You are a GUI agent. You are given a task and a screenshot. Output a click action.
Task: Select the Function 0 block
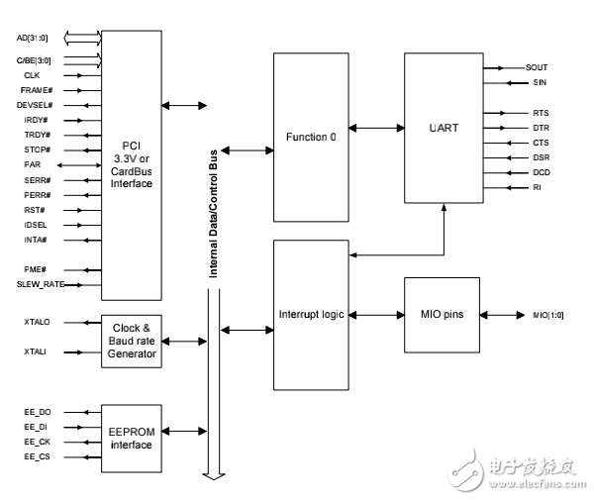pos(312,137)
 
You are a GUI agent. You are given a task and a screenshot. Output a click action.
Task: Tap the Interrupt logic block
pos(312,315)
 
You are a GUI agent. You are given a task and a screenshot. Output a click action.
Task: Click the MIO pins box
pos(442,315)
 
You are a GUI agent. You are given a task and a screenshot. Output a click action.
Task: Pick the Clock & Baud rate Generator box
pos(132,341)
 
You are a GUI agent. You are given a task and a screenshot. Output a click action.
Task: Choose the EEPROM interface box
pos(132,438)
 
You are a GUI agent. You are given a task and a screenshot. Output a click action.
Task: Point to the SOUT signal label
pos(537,67)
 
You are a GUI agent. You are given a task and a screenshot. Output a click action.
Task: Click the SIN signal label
pos(539,82)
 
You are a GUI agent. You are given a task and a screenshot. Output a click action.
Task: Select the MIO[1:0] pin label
pos(549,315)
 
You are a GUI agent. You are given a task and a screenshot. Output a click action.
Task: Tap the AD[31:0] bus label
pos(33,38)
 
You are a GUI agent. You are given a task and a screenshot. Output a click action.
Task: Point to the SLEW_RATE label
pos(39,284)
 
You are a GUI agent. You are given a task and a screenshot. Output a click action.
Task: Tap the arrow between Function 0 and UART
pos(377,128)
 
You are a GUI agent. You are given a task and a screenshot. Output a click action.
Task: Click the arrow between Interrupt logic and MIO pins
pos(377,315)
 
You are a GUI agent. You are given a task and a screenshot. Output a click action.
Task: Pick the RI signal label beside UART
pos(536,186)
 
